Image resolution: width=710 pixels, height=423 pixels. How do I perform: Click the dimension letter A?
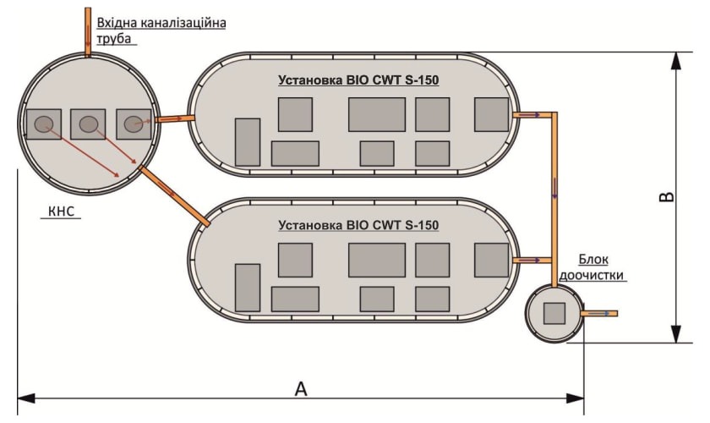click(x=301, y=389)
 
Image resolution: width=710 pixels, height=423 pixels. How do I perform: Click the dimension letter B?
click(x=666, y=197)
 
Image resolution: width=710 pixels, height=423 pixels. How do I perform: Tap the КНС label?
click(x=61, y=211)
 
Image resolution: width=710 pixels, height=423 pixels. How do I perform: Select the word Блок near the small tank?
click(x=593, y=260)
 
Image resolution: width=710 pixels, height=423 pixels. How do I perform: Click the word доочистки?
click(x=592, y=275)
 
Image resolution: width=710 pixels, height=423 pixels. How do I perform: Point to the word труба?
click(x=114, y=38)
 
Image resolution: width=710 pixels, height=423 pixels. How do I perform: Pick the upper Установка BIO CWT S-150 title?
click(x=358, y=80)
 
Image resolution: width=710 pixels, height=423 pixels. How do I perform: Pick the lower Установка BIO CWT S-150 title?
click(x=358, y=225)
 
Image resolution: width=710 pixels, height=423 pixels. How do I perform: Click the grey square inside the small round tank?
click(x=554, y=313)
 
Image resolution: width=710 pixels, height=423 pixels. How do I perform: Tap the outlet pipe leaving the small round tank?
click(x=599, y=313)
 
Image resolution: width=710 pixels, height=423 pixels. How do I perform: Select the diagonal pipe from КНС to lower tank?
click(x=174, y=196)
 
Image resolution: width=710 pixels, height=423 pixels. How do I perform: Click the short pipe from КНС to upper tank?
click(x=175, y=118)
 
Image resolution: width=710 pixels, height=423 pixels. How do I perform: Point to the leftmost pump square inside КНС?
click(x=44, y=124)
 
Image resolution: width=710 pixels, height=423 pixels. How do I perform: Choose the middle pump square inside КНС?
click(x=88, y=124)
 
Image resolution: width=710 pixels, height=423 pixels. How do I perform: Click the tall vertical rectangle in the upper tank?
click(x=248, y=142)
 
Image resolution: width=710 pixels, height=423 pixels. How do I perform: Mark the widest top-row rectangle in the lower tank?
click(x=377, y=261)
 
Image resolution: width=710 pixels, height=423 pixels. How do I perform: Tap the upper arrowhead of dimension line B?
click(x=675, y=61)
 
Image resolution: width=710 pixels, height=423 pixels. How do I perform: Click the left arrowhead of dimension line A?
click(x=26, y=398)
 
